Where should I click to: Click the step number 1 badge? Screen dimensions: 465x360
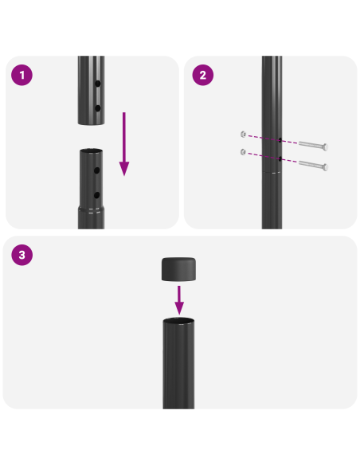click(x=22, y=76)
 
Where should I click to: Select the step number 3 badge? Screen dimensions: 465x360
click(x=22, y=256)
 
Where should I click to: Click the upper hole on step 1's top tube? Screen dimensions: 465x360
click(x=98, y=84)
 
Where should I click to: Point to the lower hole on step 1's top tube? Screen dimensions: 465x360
click(x=98, y=107)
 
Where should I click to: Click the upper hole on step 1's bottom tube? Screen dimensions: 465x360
click(x=98, y=170)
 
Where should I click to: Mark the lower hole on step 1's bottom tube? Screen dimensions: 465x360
click(x=98, y=194)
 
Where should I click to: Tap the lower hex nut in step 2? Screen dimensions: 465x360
click(x=242, y=152)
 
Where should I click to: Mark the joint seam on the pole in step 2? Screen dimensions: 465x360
click(x=272, y=173)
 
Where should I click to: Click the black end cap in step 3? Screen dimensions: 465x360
click(x=179, y=269)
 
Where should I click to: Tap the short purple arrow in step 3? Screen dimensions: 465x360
click(x=179, y=299)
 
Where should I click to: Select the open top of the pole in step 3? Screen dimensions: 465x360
click(x=179, y=321)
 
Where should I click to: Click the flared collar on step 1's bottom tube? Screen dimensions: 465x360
click(x=91, y=209)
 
